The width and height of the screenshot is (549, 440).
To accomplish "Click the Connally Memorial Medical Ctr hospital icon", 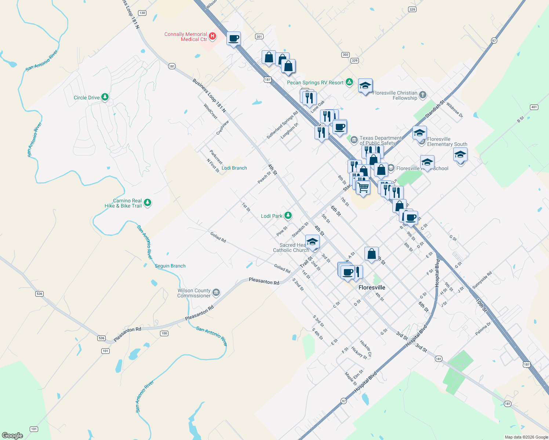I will click(x=212, y=36).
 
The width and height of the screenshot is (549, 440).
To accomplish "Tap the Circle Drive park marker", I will click(x=105, y=97).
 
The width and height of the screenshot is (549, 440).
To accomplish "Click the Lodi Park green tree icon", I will click(x=288, y=216).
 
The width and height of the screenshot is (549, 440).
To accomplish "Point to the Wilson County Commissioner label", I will click(x=194, y=293).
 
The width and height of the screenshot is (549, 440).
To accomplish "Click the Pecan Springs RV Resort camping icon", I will click(x=350, y=82).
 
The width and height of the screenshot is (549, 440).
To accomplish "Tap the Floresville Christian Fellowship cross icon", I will click(x=423, y=95).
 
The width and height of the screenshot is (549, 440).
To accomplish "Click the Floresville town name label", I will click(x=372, y=287).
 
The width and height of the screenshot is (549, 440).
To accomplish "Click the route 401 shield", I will click(x=534, y=107).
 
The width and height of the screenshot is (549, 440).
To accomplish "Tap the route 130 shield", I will click(x=142, y=13).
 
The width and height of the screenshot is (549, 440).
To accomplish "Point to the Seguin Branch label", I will click(x=170, y=266).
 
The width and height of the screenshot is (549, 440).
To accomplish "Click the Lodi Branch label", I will click(x=234, y=168).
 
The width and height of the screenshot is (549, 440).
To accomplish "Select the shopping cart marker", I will click(x=363, y=187).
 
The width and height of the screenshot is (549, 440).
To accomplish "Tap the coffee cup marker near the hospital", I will click(x=233, y=38).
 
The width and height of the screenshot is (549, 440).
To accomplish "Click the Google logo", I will click(x=12, y=435).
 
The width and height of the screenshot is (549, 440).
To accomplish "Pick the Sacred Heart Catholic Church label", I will click(x=291, y=247).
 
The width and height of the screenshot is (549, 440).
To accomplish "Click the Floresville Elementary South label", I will click(x=447, y=142).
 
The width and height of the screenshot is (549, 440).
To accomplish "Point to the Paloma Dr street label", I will click(x=483, y=329).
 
